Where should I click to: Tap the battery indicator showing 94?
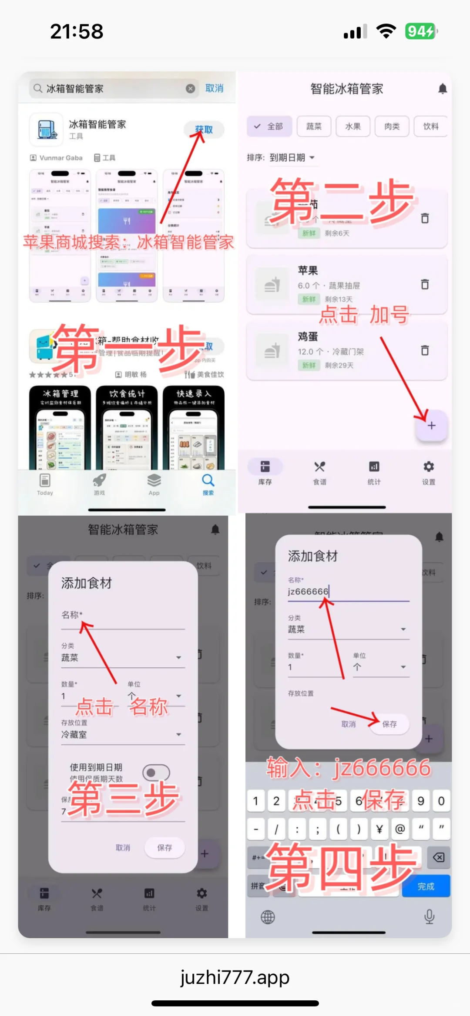420,31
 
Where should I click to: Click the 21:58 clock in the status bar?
77,31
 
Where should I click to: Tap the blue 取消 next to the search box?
214,88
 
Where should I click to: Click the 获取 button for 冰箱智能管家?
204,130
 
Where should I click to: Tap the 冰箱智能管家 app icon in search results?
46,130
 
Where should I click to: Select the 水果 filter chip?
352,126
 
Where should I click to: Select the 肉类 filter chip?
392,126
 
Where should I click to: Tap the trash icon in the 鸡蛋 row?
425,350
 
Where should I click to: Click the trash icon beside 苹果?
425,284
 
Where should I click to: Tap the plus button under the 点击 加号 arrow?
431,426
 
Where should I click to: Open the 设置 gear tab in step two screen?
428,472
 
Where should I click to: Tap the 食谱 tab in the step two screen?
319,472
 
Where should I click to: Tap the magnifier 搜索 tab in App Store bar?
208,484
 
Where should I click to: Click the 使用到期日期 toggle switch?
156,773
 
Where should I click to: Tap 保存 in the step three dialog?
164,847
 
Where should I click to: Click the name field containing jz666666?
348,591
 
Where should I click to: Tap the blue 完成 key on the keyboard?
426,886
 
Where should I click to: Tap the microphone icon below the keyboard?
429,916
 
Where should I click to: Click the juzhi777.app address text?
235,977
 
